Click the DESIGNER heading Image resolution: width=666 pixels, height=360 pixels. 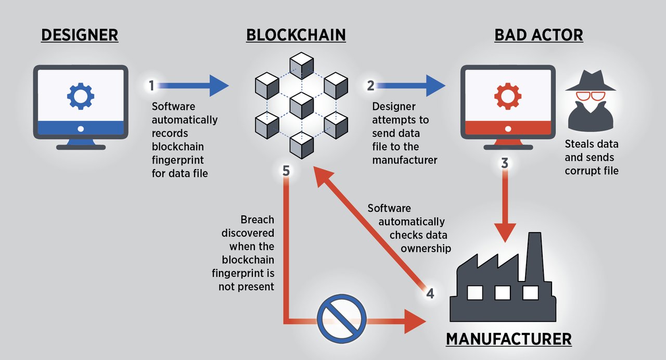(80, 35)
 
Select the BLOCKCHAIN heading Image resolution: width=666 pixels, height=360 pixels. (296, 35)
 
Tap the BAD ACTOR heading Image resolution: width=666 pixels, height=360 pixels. (539, 35)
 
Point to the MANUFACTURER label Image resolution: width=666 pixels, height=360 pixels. (508, 339)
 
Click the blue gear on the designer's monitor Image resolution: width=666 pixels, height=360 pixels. (81, 96)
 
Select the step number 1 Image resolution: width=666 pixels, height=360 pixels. (152, 86)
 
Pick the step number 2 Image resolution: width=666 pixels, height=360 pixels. (370, 86)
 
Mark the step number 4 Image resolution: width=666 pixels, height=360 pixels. (430, 293)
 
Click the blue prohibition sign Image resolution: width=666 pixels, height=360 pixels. (342, 319)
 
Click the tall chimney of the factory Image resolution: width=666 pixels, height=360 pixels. (534, 255)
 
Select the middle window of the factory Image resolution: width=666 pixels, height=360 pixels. (502, 293)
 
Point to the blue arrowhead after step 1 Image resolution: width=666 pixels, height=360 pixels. (219, 85)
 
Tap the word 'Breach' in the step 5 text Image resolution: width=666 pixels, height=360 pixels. (257, 220)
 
